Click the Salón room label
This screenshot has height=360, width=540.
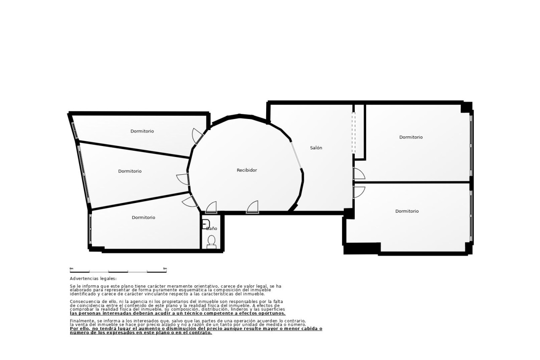[316, 148]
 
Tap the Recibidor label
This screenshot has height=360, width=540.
[247, 170]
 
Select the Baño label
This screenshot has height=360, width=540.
[211, 228]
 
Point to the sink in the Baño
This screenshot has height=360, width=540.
[205, 224]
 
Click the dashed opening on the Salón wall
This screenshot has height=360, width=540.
[354, 133]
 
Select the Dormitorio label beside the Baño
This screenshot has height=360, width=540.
[143, 217]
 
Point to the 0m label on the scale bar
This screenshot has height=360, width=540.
[71, 268]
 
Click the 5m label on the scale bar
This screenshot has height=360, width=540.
[165, 268]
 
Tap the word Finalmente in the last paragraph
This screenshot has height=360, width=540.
[82, 321]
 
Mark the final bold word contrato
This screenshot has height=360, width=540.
[199, 333]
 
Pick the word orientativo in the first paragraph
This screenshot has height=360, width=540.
[206, 286]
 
